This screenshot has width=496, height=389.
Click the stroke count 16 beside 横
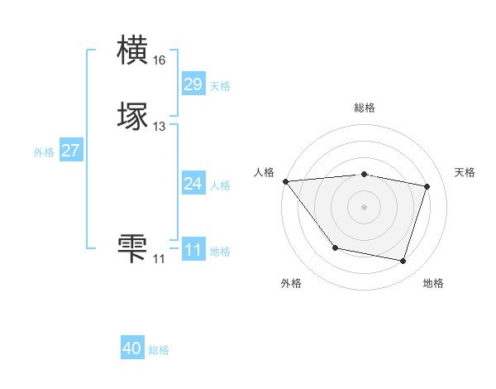159,60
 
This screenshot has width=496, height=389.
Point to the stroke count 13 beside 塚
159,127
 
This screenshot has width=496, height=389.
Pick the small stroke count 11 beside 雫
159,259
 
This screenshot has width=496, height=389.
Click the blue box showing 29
193,84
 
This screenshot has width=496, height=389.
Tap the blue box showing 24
193,184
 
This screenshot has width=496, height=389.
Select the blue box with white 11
193,250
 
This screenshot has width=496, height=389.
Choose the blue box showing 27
70,151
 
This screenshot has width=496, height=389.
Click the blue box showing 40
132,348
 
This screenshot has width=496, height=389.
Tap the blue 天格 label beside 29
220,86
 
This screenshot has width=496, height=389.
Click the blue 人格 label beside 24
220,185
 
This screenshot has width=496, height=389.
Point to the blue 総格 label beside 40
159,350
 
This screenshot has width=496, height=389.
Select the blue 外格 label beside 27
44,152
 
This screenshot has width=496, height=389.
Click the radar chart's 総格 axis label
364,108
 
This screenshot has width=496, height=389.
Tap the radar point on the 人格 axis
285,181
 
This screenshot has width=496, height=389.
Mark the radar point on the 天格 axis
427,187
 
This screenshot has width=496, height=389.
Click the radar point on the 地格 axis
403,262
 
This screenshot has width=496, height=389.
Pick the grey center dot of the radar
364,207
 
